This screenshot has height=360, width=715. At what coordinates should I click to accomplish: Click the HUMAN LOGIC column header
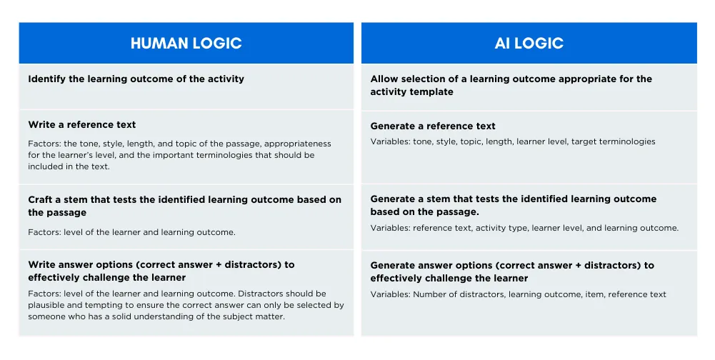pyautogui.click(x=186, y=43)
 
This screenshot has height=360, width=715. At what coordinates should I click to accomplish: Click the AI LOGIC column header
pyautogui.click(x=529, y=43)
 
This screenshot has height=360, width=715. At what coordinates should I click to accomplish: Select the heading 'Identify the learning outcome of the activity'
pyautogui.click(x=136, y=79)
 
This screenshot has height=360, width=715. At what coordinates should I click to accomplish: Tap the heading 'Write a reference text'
pyautogui.click(x=82, y=124)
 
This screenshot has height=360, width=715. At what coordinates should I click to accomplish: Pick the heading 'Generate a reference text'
pyautogui.click(x=433, y=126)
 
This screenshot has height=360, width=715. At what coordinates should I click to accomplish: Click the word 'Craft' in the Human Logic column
pyautogui.click(x=41, y=199)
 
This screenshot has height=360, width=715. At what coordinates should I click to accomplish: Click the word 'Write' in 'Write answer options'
pyautogui.click(x=41, y=264)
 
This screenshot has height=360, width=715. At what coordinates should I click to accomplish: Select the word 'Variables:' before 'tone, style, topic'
pyautogui.click(x=390, y=141)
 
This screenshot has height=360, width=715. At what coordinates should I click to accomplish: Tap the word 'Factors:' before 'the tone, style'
pyautogui.click(x=45, y=144)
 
